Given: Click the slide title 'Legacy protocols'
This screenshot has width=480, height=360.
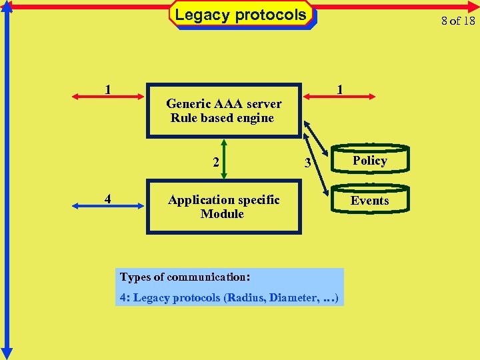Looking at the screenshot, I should [x=241, y=15].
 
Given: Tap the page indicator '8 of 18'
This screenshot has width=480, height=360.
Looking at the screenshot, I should [x=458, y=21].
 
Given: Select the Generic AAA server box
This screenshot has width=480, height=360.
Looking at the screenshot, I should [x=223, y=111].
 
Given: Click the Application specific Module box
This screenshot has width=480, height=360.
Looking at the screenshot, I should [x=223, y=207].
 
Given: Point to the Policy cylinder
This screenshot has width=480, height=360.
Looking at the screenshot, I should [x=370, y=161].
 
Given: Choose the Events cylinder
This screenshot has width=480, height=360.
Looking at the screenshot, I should [x=370, y=200].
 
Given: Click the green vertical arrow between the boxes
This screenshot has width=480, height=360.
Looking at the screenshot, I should [x=224, y=159].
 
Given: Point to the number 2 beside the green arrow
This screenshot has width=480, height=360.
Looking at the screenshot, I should [x=215, y=162].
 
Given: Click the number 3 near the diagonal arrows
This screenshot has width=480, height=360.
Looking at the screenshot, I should [x=307, y=163].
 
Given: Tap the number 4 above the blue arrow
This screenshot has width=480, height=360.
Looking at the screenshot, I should [x=108, y=198].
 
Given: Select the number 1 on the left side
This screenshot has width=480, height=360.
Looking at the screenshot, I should [x=108, y=89].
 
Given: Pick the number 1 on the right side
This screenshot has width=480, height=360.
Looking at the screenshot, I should [x=340, y=89].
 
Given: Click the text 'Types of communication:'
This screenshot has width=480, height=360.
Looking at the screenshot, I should [x=185, y=277].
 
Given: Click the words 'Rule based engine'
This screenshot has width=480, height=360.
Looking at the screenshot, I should [x=222, y=118].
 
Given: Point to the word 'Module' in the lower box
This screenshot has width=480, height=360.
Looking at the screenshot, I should [x=222, y=214].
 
